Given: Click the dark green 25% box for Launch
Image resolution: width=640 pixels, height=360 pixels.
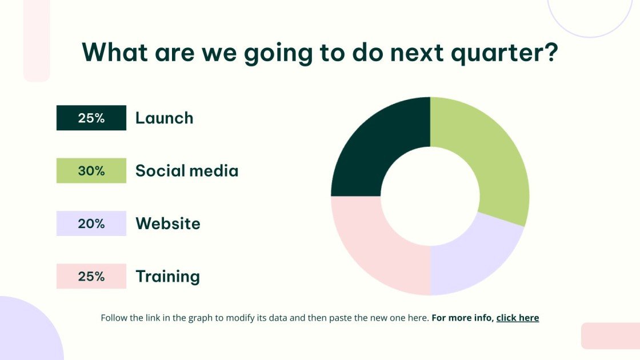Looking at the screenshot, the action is click(91, 118).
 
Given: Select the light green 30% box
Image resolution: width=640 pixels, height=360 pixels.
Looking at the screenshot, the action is click(91, 171).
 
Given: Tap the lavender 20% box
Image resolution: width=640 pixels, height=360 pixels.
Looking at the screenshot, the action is click(91, 223).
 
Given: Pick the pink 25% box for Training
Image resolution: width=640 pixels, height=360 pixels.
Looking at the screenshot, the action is click(91, 277).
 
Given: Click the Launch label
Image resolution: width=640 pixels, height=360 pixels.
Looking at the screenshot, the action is click(165, 118).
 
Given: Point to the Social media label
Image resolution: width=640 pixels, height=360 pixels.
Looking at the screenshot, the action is click(187, 171).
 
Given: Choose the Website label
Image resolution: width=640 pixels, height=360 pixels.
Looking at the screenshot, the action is click(168, 223).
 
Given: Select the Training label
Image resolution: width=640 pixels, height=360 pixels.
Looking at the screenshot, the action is click(168, 277).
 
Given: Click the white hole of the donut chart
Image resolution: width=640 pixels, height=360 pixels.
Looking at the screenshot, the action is click(430, 197).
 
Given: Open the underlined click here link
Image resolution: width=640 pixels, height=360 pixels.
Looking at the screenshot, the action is click(518, 318).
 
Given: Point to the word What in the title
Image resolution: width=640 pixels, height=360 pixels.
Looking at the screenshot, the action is click(115, 52).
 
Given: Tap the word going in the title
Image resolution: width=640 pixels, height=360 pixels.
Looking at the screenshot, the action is click(278, 54).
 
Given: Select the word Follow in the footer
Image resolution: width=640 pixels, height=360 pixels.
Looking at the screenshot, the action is click(114, 318).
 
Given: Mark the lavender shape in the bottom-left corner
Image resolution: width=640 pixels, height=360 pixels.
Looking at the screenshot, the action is click(29, 331).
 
